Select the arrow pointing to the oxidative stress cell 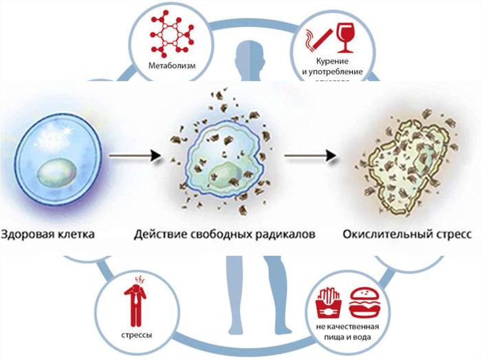[x=311, y=156]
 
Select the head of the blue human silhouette [x=249, y=51]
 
